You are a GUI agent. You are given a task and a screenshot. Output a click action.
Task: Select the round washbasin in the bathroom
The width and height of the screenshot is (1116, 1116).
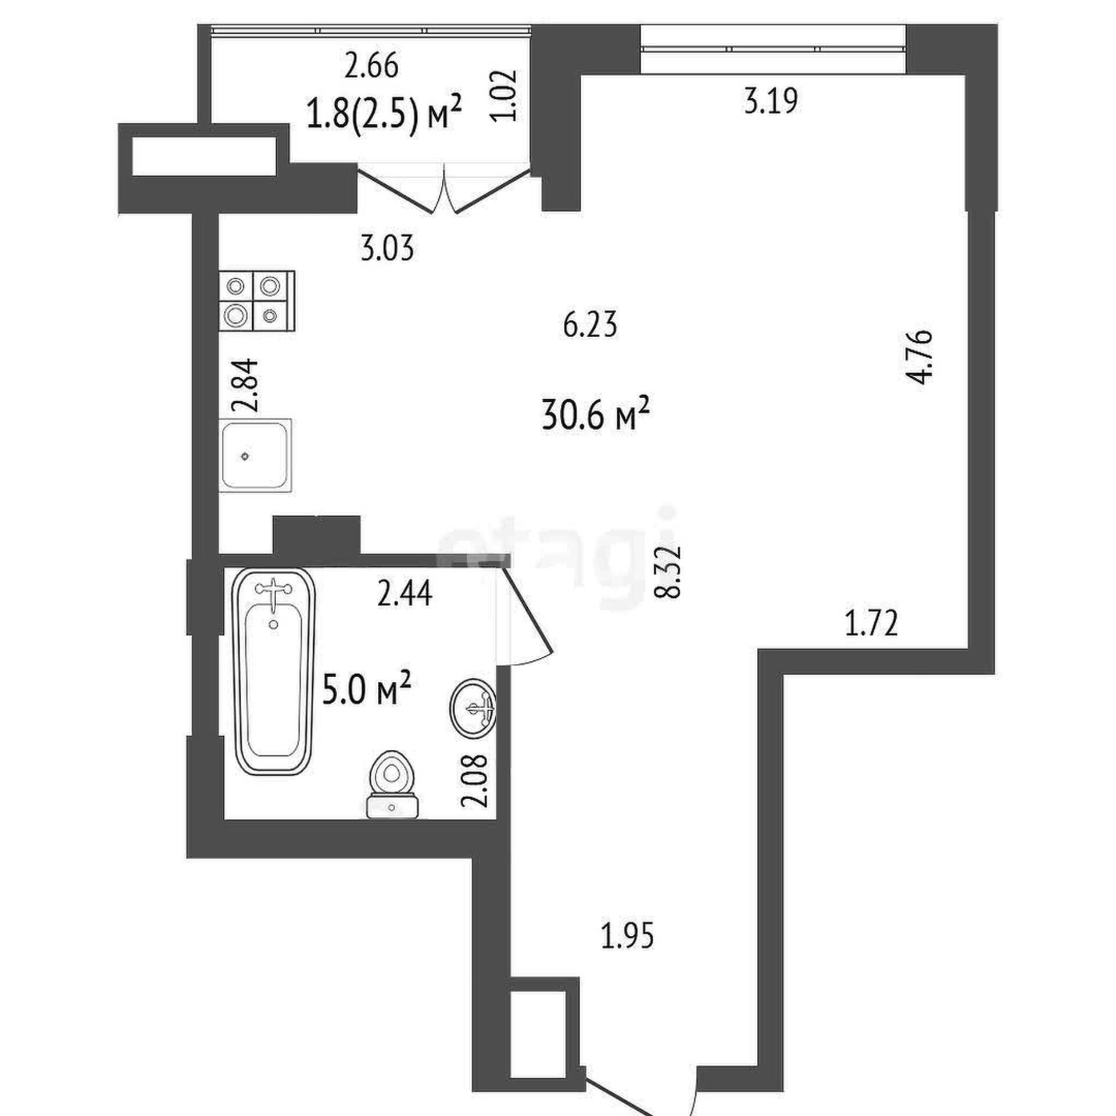tap(472, 707)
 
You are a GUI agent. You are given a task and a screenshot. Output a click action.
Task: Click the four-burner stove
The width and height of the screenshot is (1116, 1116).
tap(257, 301)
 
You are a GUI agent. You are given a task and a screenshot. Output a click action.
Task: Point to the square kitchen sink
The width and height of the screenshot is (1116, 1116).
tap(255, 455)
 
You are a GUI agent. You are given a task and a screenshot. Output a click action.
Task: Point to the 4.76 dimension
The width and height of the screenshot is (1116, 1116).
tap(920, 357)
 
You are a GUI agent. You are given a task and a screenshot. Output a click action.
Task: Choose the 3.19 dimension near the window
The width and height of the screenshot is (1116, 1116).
tap(771, 101)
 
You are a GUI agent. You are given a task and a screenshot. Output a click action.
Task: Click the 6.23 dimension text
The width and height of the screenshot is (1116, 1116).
tap(589, 325)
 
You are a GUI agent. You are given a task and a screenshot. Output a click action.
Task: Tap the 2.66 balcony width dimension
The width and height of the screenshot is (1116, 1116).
tap(371, 66)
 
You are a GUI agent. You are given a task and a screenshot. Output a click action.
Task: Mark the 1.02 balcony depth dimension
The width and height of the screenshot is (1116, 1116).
tap(503, 95)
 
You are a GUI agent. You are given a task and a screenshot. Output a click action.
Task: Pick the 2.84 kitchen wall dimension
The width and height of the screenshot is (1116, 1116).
tap(245, 385)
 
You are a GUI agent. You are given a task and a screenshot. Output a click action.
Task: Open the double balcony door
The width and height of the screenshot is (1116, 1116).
tap(444, 189)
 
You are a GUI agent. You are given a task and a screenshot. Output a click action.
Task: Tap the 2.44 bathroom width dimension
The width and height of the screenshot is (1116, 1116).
tap(405, 594)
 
